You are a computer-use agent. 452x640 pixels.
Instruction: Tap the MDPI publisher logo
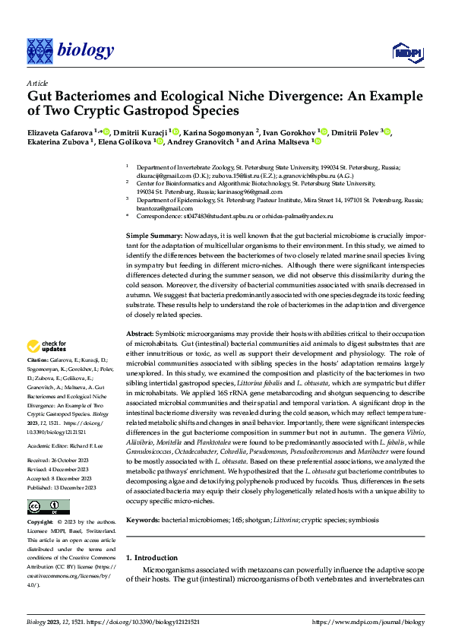(x=405, y=51)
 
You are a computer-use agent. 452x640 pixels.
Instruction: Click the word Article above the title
(x=37, y=83)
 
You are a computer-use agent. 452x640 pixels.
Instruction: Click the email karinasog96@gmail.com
(x=234, y=192)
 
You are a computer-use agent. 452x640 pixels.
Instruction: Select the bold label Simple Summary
(x=153, y=237)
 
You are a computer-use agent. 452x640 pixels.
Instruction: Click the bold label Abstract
(x=140, y=334)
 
